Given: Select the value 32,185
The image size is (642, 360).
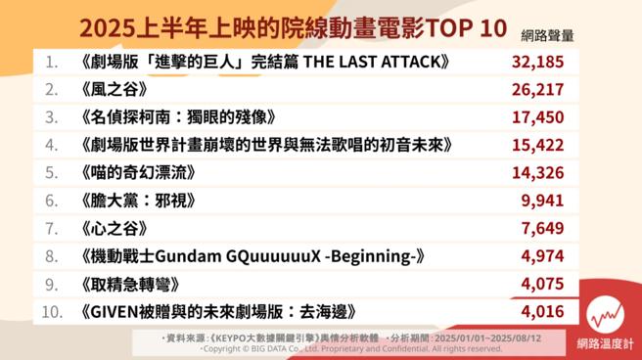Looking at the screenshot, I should (538, 63).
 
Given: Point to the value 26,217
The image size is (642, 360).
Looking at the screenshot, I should (538, 90).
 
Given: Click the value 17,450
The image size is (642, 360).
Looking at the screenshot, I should (538, 117).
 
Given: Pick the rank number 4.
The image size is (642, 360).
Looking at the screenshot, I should (52, 145).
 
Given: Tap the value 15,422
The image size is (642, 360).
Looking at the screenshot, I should (538, 145).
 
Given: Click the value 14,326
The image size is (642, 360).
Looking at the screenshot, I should (538, 173).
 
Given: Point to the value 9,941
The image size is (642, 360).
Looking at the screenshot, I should (544, 202).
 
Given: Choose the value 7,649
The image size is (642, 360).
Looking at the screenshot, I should (544, 229).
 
